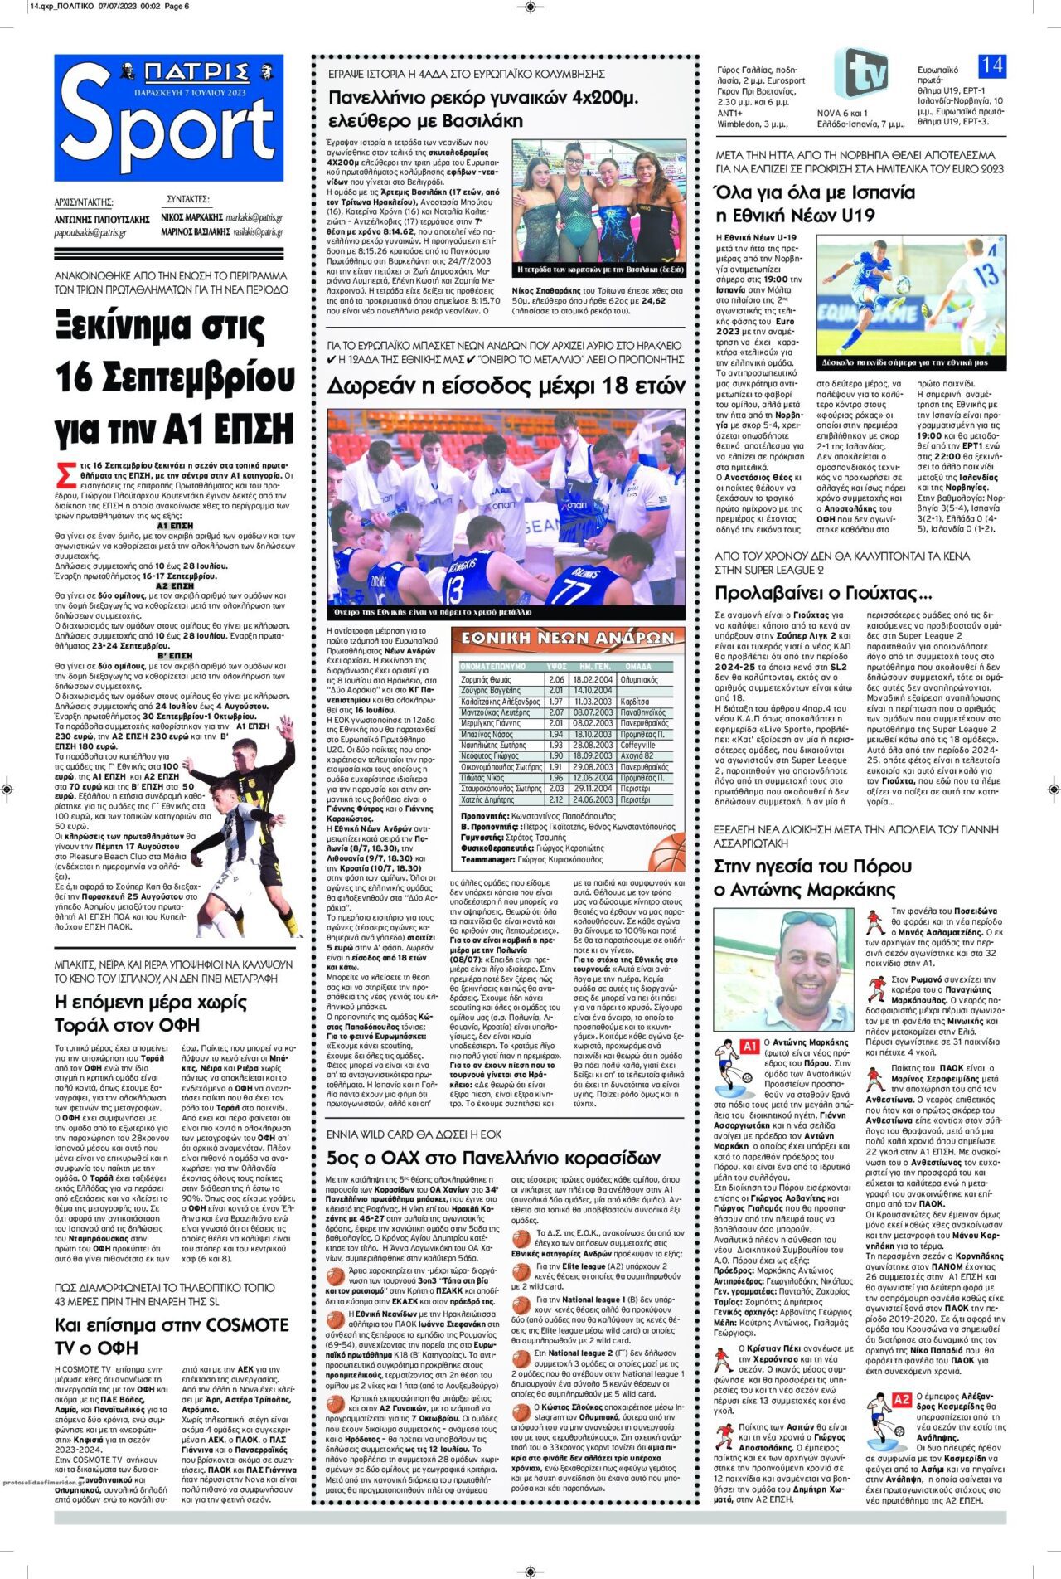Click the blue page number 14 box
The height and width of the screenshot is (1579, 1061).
click(x=992, y=66)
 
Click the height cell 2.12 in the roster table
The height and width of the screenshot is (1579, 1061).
click(x=556, y=800)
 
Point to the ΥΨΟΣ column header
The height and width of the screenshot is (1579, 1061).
click(x=556, y=666)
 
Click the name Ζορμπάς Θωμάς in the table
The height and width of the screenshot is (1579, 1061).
click(x=486, y=679)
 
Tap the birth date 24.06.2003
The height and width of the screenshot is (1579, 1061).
click(x=592, y=800)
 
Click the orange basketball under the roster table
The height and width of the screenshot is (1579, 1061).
click(x=668, y=851)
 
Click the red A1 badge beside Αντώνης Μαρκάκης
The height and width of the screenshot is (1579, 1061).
click(x=749, y=1046)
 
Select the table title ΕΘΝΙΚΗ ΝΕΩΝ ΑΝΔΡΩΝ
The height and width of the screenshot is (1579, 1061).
click(x=568, y=639)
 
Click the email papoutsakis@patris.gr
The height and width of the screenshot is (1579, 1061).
click(x=90, y=233)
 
